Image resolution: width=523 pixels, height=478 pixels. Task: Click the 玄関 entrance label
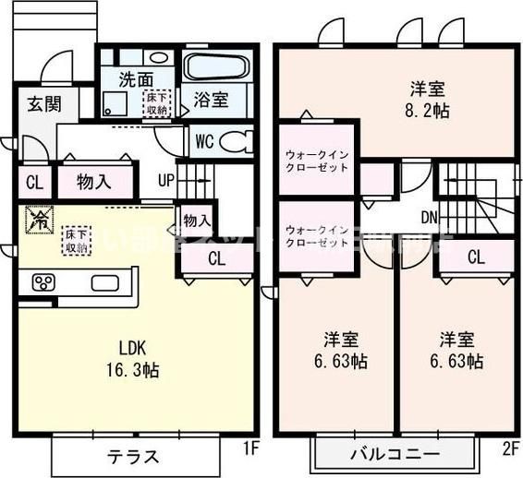pos(38,102)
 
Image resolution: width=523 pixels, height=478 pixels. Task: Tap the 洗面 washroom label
pos(135,79)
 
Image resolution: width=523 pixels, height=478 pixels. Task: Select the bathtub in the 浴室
pos(217,66)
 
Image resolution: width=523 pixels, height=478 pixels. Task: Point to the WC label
pos(205,142)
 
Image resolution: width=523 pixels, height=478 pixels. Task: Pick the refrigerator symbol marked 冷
pos(39,220)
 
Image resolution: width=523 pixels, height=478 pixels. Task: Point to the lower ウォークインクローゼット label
pos(317,236)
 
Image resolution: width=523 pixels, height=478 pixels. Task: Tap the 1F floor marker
pos(248,449)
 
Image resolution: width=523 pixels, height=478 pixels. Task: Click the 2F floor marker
pos(510,449)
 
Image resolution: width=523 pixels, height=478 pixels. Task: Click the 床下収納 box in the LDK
pos(76,242)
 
